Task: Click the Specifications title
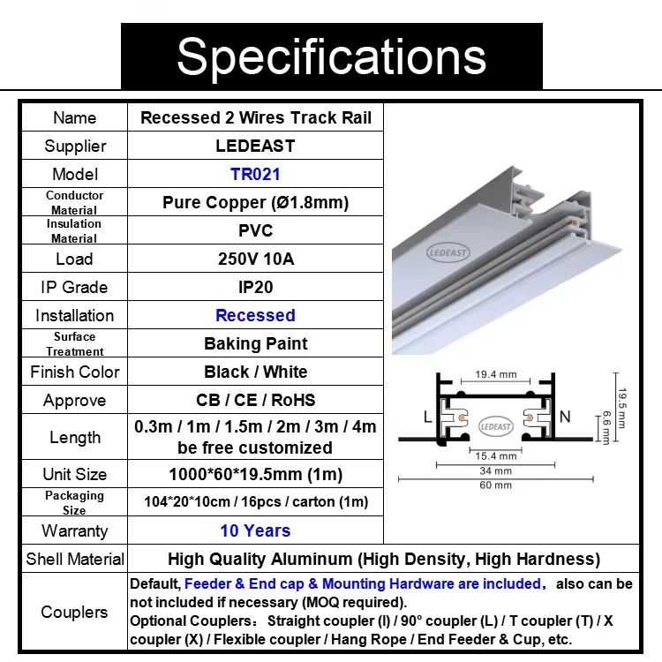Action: click(331, 56)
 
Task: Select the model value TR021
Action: click(255, 174)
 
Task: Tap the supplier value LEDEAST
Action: click(255, 146)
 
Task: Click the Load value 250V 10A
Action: click(255, 259)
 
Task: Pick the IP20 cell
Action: click(255, 287)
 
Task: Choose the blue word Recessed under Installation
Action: click(255, 315)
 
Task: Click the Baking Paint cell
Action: click(255, 343)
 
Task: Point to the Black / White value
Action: click(255, 372)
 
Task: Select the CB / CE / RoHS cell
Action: click(255, 400)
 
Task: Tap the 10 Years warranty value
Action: click(255, 530)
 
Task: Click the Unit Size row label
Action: click(74, 475)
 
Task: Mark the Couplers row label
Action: click(74, 612)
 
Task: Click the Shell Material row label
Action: click(75, 559)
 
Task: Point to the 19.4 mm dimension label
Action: click(496, 374)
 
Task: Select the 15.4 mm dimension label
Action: click(495, 456)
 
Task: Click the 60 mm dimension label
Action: click(496, 485)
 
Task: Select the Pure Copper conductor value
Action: click(255, 202)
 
